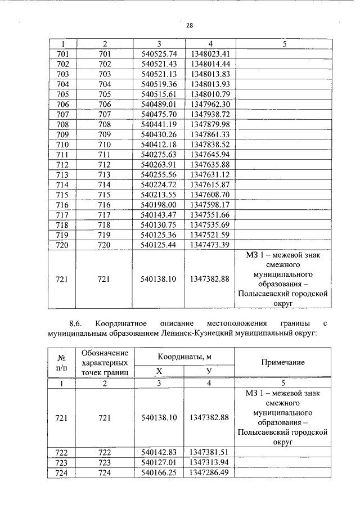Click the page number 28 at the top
(x=189, y=25)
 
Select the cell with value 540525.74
(x=159, y=54)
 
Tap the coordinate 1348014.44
(x=210, y=64)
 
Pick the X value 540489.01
(x=159, y=104)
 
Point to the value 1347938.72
(x=210, y=114)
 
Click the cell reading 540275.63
(x=159, y=154)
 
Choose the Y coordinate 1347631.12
(x=210, y=174)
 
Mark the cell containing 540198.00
(x=159, y=205)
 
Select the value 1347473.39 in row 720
(x=210, y=245)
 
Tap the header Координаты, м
(x=184, y=357)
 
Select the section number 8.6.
(x=76, y=324)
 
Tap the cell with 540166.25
(x=159, y=473)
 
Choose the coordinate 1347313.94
(x=210, y=463)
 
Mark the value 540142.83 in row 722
(x=159, y=452)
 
